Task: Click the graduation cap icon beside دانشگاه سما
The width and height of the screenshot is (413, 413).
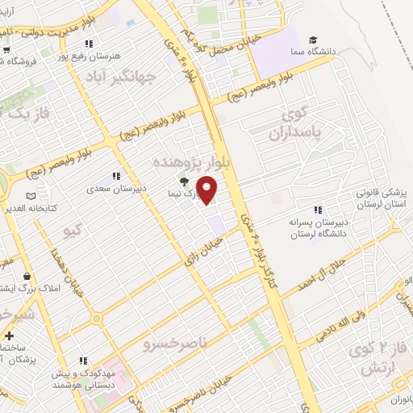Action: (x=312, y=40)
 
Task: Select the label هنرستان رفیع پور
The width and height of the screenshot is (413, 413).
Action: (x=114, y=54)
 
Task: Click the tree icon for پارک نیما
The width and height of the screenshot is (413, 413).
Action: (x=184, y=182)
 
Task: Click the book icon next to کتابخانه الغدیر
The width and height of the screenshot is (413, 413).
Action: (x=31, y=196)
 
